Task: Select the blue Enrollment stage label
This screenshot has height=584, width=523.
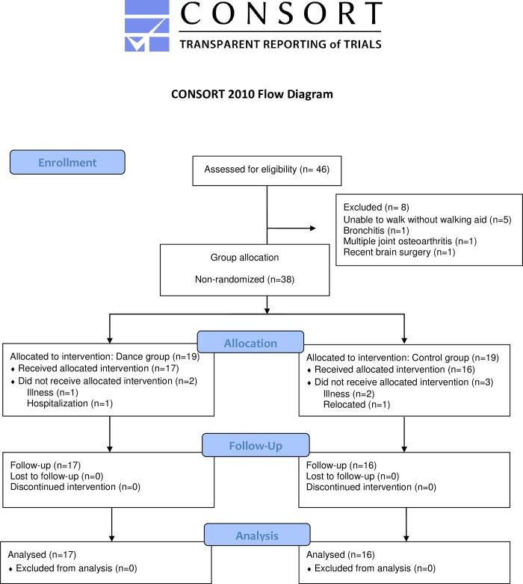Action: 66,162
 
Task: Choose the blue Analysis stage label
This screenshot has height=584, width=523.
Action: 258,535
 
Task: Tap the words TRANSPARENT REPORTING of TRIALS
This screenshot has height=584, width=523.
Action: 281,43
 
